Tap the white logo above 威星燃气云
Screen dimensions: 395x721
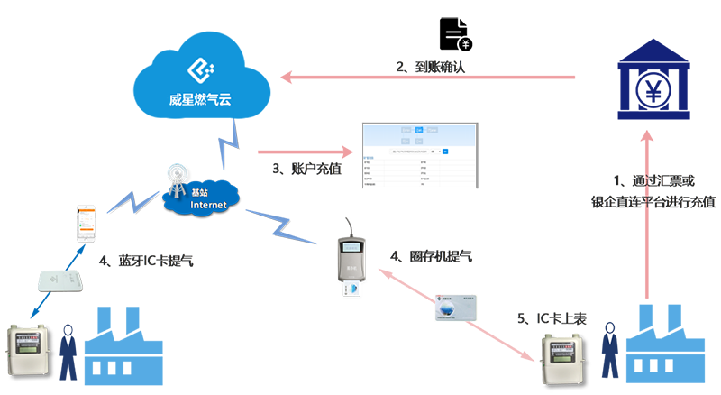coord(199,69)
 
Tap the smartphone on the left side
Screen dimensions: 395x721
coord(87,222)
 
